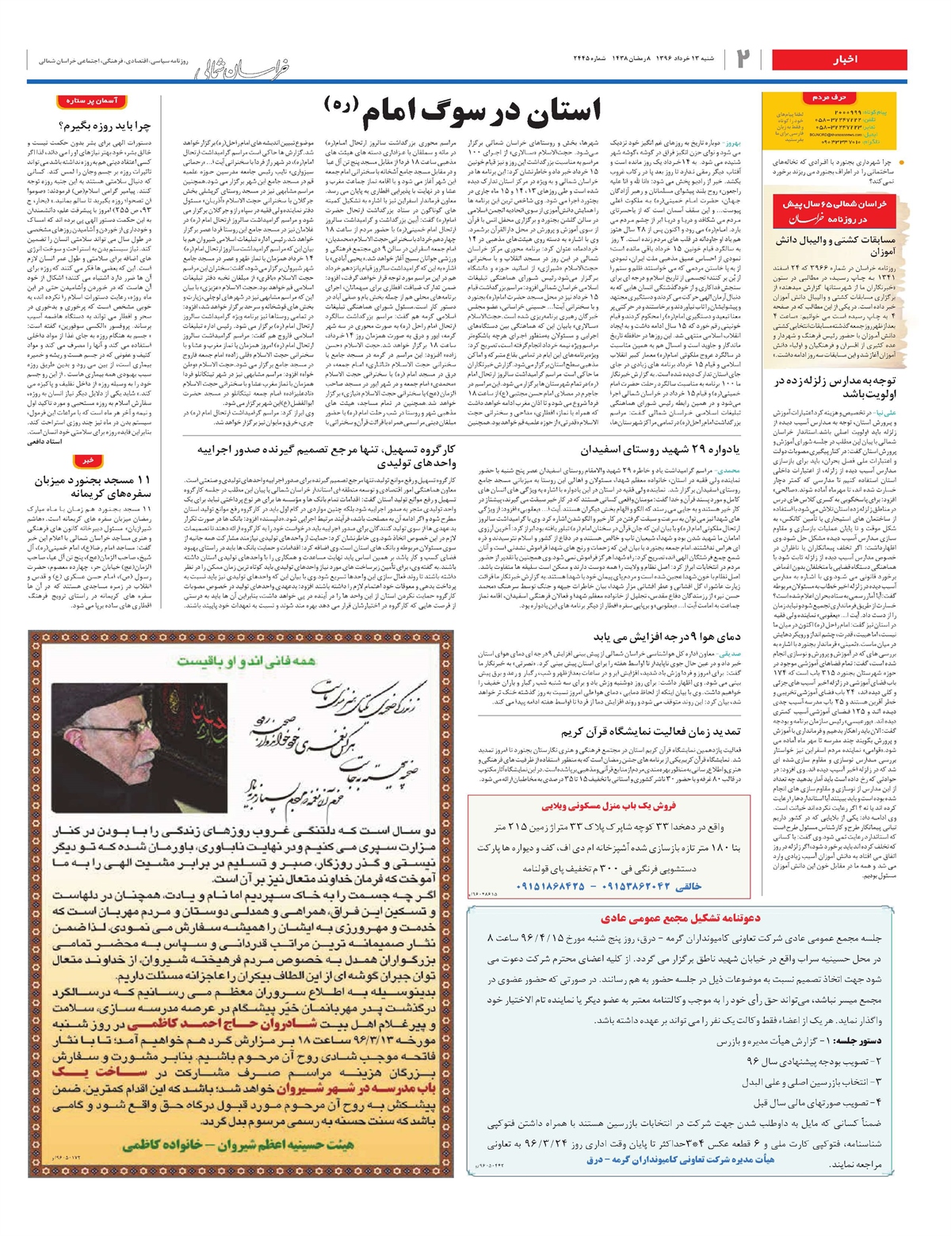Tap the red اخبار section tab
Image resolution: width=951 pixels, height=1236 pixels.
pyautogui.click(x=845, y=59)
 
